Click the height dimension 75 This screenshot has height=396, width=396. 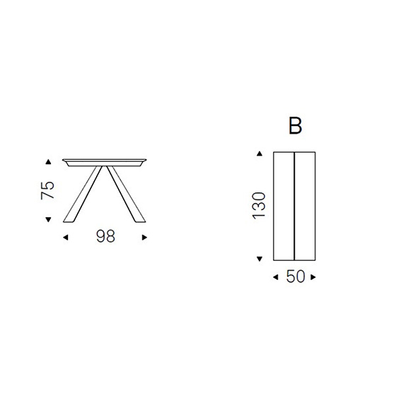(x=47, y=190)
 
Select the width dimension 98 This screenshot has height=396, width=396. (x=105, y=236)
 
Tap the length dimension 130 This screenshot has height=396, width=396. (x=259, y=206)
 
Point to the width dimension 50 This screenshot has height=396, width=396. (x=296, y=276)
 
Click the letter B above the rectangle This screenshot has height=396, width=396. (x=295, y=126)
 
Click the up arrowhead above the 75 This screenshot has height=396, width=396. (x=48, y=162)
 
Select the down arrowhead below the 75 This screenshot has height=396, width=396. (x=48, y=219)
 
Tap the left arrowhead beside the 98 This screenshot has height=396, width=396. (x=65, y=238)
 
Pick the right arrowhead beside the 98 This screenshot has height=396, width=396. (x=144, y=238)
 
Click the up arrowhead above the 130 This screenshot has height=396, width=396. (x=260, y=153)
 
